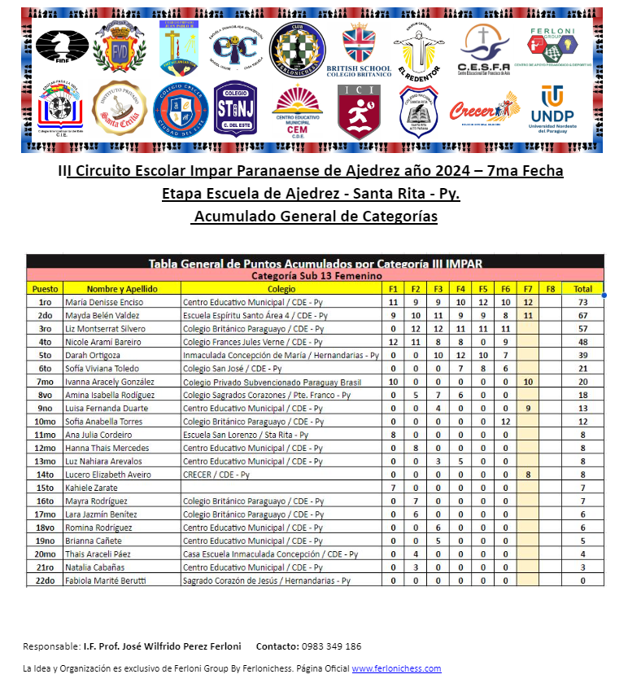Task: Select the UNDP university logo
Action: tap(552, 107)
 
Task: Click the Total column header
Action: tap(582, 289)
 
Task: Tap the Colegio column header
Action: tap(281, 289)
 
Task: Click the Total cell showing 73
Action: tap(582, 302)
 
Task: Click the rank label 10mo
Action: tap(43, 422)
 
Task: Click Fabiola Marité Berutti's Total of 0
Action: tap(582, 580)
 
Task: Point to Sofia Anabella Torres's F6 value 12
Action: tap(505, 422)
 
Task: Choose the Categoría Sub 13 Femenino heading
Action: tap(316, 276)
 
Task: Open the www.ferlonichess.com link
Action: tap(396, 669)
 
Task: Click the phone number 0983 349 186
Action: tap(331, 646)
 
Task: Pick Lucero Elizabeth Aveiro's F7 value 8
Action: tap(528, 475)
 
